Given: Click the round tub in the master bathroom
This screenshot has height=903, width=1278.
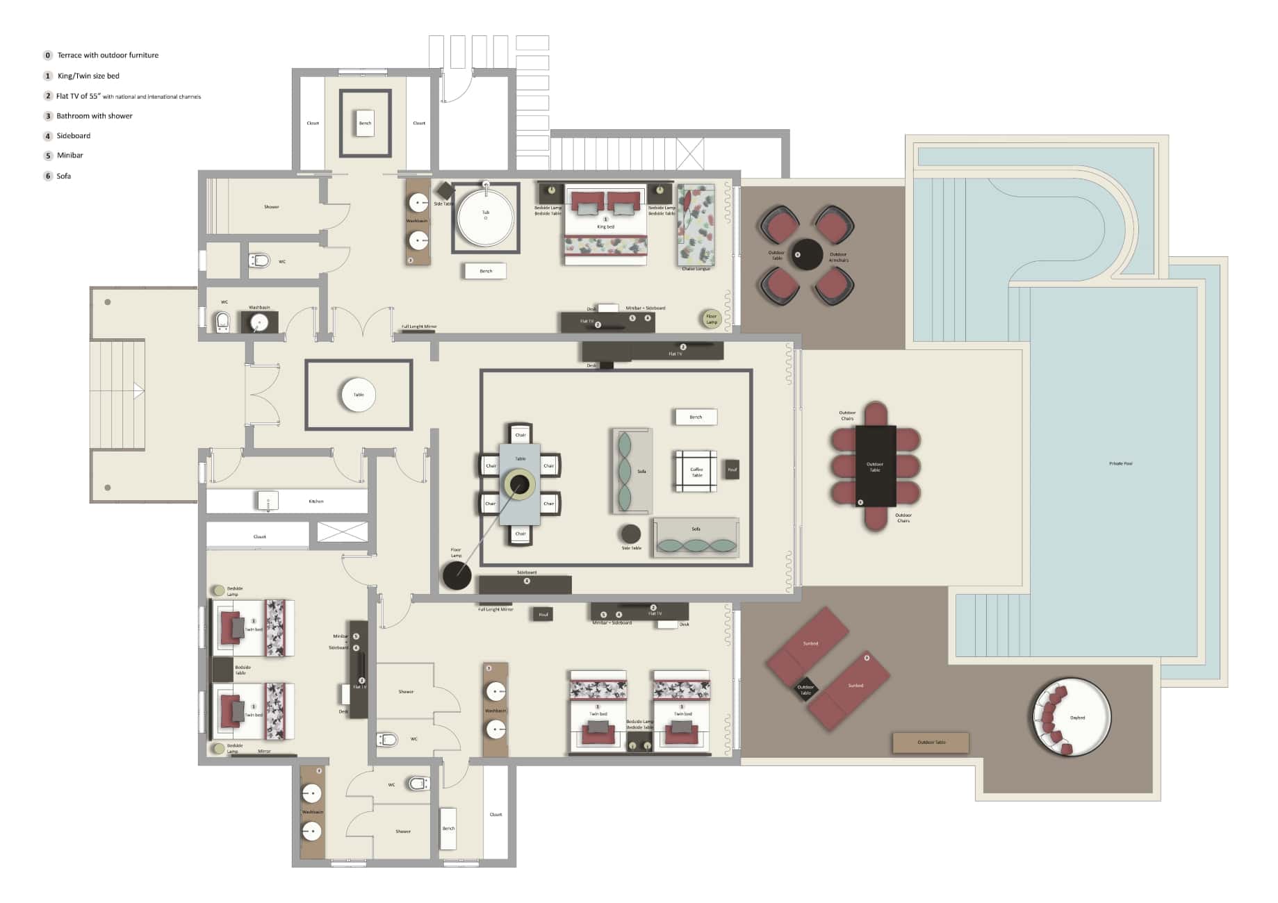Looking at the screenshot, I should [x=485, y=217].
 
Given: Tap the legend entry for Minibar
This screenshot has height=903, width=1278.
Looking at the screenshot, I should [x=69, y=156].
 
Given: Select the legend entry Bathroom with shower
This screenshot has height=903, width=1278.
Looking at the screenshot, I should [x=94, y=116].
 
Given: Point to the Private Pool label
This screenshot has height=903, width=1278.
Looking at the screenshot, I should [x=1120, y=463].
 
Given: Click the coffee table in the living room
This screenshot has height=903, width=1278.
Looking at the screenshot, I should [x=696, y=472].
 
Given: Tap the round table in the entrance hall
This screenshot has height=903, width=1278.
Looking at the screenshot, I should [x=359, y=395].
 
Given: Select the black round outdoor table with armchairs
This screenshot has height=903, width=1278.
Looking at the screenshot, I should [x=806, y=254].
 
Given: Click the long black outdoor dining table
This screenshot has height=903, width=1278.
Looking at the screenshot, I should [x=875, y=465].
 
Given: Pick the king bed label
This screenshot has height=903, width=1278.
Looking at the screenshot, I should [x=605, y=226].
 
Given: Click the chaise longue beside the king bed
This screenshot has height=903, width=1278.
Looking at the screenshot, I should [x=696, y=225].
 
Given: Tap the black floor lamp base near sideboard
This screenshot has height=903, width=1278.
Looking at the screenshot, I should [x=457, y=575].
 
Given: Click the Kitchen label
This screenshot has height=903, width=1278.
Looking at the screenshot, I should [x=316, y=501].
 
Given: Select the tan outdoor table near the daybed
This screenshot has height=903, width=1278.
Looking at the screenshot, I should [x=931, y=743].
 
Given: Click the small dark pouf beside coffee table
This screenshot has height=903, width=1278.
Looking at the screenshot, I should [x=732, y=470].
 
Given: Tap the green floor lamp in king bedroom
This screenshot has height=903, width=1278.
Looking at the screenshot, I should [x=710, y=318].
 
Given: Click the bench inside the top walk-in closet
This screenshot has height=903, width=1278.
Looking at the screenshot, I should [x=365, y=123].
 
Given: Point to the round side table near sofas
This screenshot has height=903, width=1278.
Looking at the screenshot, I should [x=630, y=533].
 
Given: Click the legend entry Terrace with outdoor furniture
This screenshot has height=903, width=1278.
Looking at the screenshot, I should [x=108, y=56].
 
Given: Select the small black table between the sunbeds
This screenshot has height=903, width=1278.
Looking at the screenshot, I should [x=805, y=689].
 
